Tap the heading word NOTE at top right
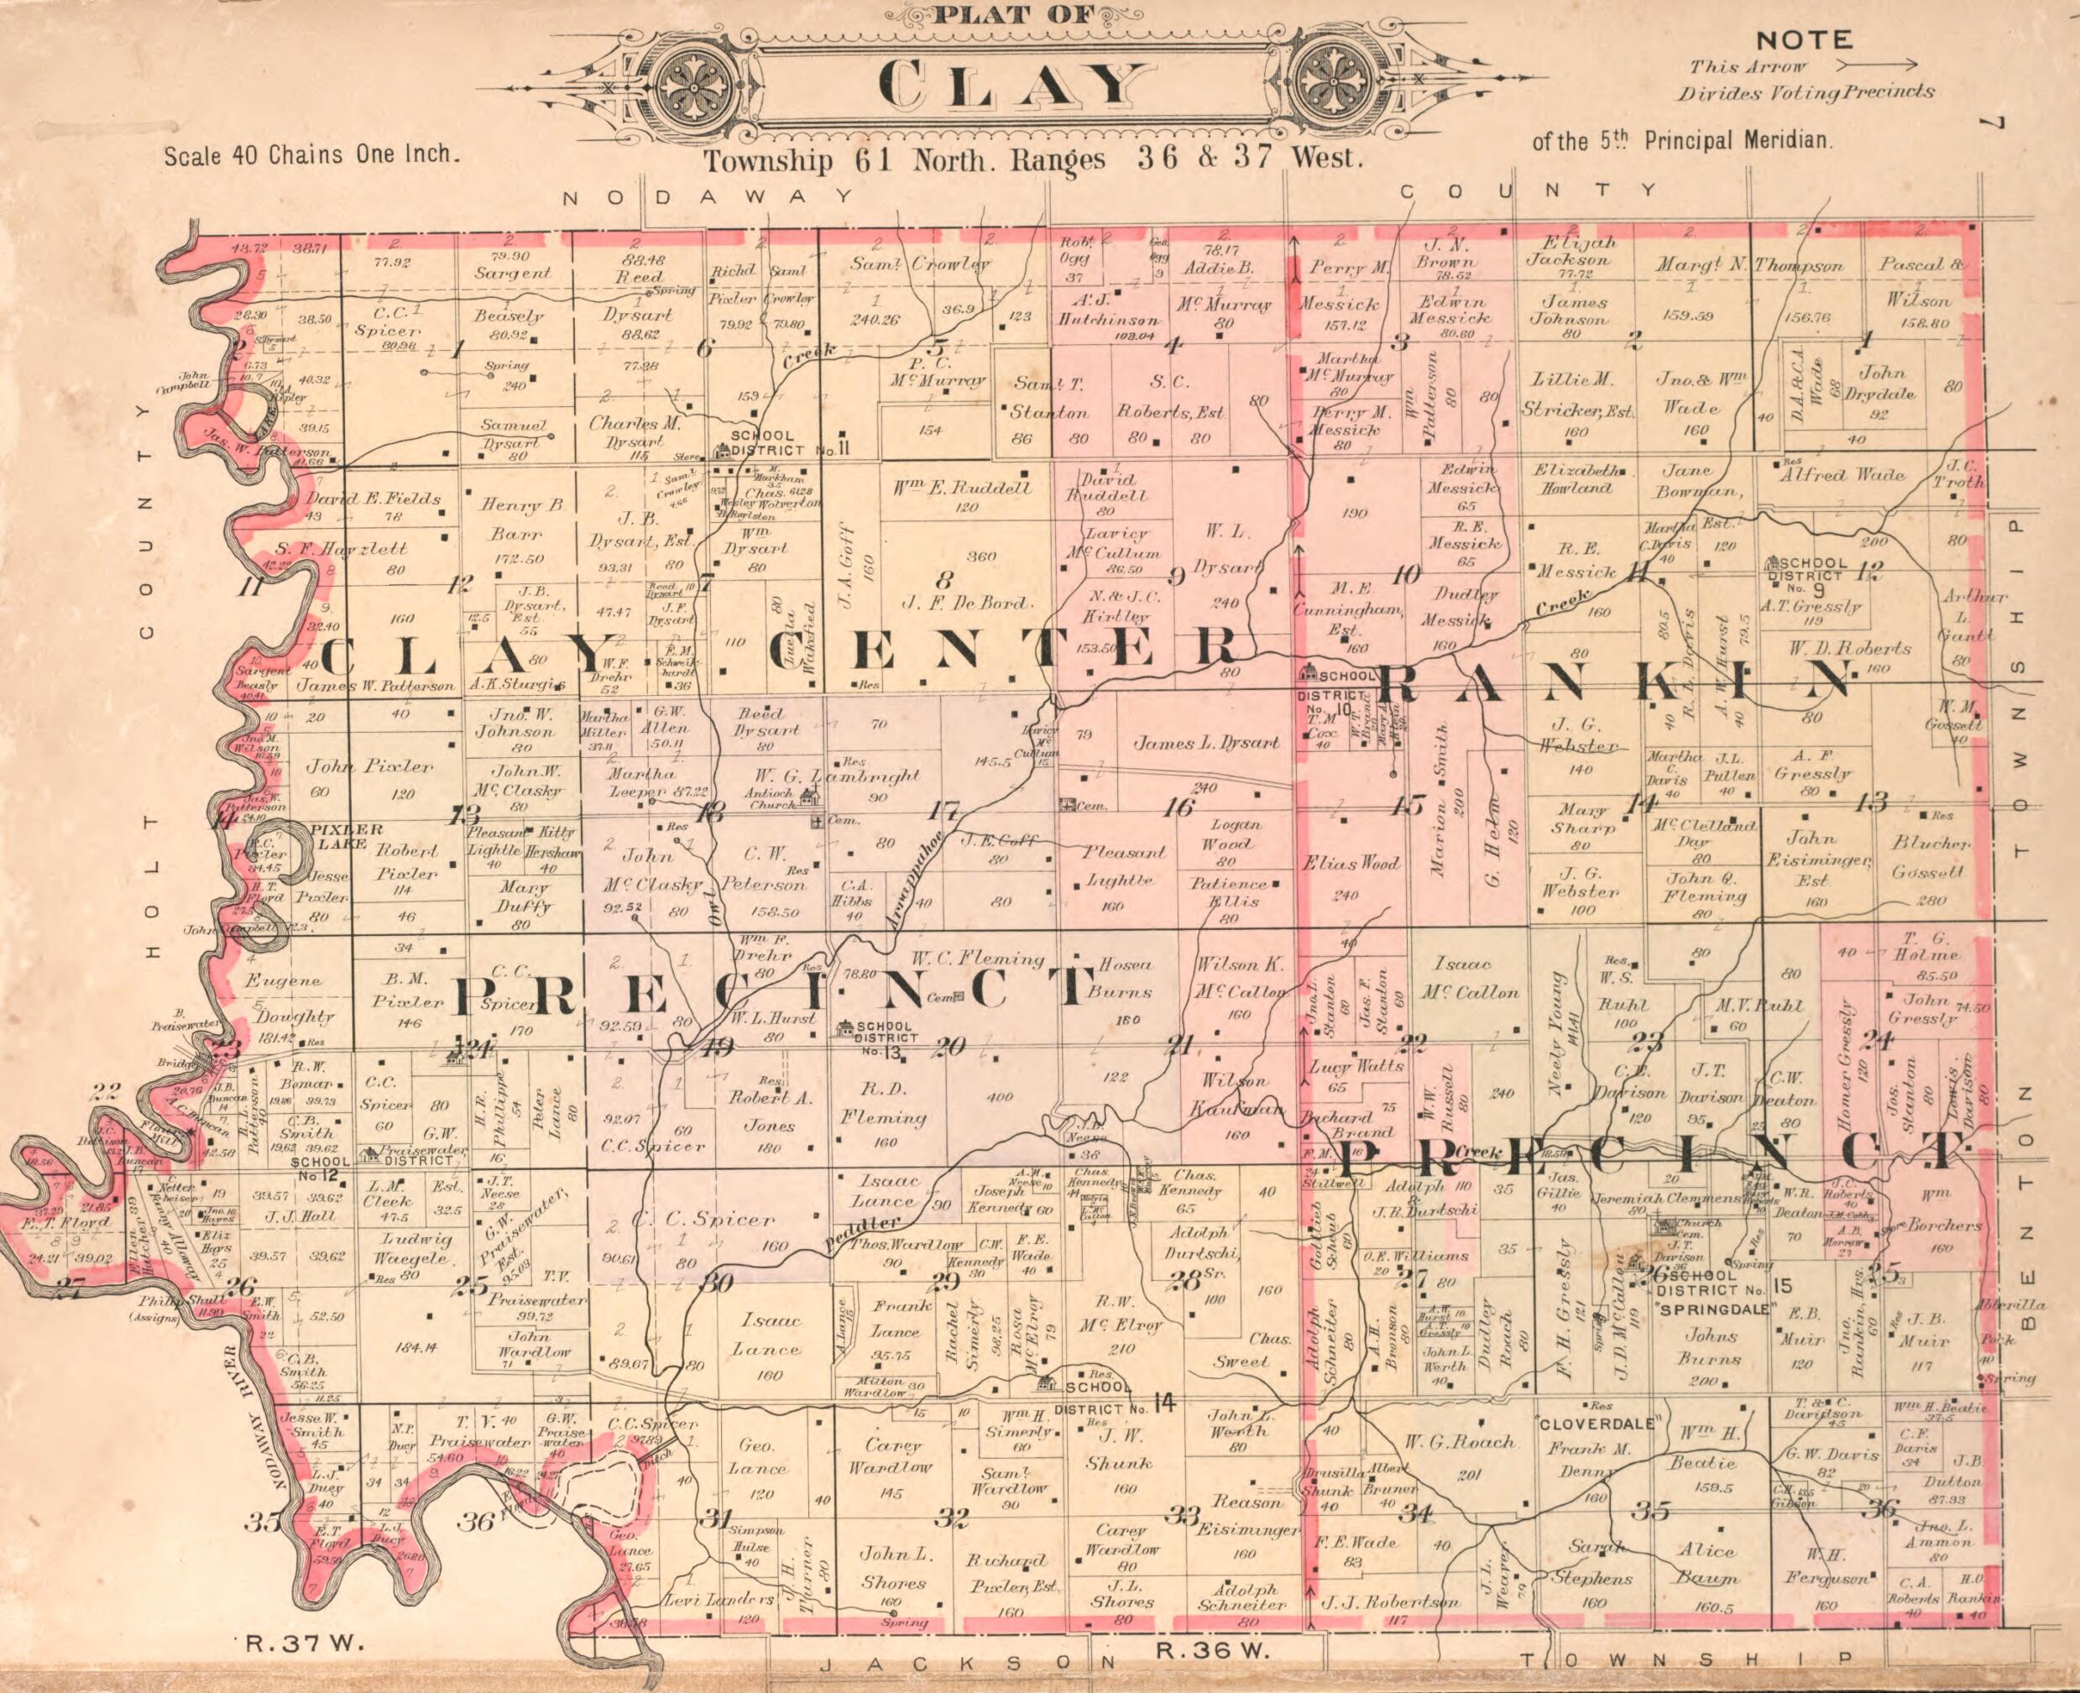(1803, 41)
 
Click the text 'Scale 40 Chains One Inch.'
(310, 155)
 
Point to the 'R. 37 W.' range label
(303, 1643)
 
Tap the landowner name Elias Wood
(1351, 864)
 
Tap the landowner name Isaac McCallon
(1461, 978)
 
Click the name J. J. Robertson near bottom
(1388, 1602)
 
